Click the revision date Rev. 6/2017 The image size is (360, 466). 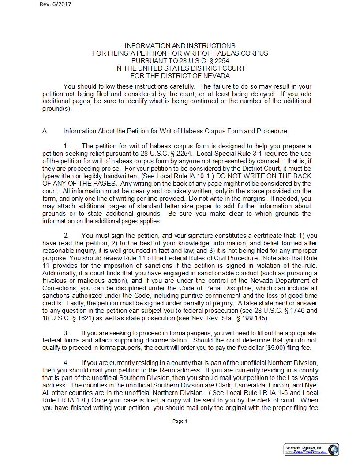55,4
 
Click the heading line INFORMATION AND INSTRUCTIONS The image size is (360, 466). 180,46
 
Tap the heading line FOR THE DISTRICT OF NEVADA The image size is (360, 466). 180,76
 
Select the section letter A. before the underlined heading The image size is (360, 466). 45,131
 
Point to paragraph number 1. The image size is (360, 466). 66,146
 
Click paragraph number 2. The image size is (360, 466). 66,236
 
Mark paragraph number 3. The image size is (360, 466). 66,333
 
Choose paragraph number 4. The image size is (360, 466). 66,363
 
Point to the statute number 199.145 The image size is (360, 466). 256,318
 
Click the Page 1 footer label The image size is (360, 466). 180,421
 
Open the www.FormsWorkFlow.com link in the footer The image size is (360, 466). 305,452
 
